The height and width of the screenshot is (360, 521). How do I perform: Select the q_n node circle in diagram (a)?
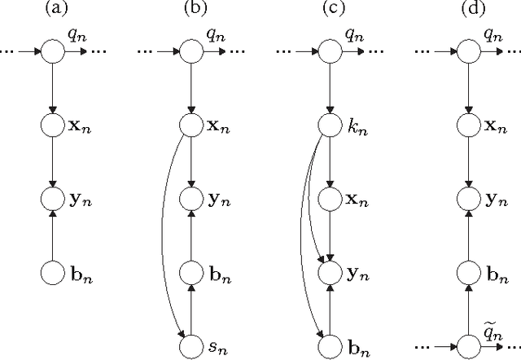click(x=51, y=51)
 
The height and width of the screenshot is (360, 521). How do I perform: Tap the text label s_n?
click(x=216, y=348)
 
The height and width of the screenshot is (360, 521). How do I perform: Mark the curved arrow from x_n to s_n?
click(x=163, y=236)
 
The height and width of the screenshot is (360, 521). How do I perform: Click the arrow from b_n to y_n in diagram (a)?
click(x=51, y=235)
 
